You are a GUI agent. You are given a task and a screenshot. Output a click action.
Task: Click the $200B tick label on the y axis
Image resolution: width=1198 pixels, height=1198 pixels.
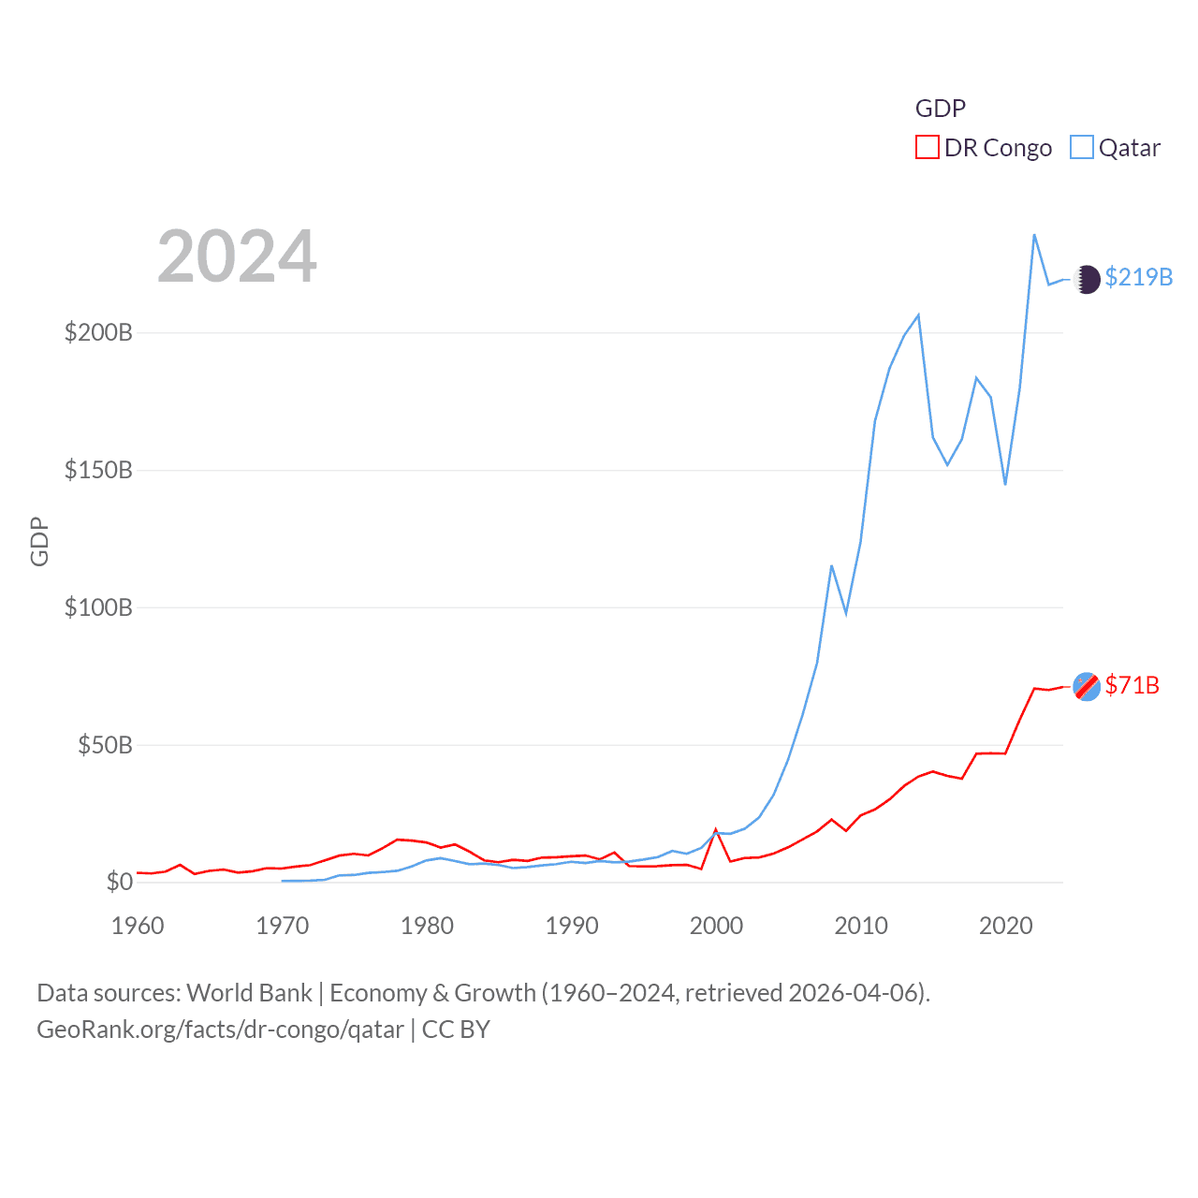98,332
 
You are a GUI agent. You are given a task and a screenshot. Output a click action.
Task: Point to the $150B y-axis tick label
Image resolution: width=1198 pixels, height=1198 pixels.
98,470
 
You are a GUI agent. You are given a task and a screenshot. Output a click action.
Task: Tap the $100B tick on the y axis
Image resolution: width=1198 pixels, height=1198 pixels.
98,607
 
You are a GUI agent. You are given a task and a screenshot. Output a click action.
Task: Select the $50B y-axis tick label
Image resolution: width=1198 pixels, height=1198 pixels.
105,745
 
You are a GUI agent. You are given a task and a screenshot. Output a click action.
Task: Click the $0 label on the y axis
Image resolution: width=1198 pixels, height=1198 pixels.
119,882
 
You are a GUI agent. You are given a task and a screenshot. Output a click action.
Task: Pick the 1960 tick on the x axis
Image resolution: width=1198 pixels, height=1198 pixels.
138,926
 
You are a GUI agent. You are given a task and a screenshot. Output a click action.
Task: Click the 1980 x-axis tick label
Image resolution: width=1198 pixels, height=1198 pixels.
427,926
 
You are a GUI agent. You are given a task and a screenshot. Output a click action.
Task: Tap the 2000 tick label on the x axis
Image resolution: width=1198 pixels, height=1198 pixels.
716,926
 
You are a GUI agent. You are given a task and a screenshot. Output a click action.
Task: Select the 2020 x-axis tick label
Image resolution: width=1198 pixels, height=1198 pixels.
1005,926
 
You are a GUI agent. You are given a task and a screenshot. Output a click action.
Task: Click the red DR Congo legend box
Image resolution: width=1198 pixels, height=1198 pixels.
927,147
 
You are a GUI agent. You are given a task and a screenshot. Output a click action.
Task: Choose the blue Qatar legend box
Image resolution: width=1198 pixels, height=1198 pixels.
1081,147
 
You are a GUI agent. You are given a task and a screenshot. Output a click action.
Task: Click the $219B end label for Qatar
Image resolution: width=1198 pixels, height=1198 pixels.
1138,277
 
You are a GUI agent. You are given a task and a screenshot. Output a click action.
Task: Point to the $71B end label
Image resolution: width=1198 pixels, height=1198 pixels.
1132,685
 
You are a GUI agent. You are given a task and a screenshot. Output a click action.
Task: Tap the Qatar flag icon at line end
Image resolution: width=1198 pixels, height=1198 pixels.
1087,279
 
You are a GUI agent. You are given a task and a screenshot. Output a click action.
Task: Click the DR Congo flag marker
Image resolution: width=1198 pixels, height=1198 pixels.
1087,686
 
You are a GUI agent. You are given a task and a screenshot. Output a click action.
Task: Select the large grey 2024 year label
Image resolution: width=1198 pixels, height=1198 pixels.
237,256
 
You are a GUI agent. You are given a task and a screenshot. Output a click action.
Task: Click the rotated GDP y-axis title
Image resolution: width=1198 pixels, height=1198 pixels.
39,541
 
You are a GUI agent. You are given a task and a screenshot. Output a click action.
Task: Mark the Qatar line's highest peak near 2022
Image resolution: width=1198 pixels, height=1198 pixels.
1034,235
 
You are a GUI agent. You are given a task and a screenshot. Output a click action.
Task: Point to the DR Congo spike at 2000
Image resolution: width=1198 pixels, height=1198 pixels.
716,830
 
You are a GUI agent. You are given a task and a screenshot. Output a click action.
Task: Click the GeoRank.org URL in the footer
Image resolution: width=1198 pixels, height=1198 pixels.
220,1030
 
